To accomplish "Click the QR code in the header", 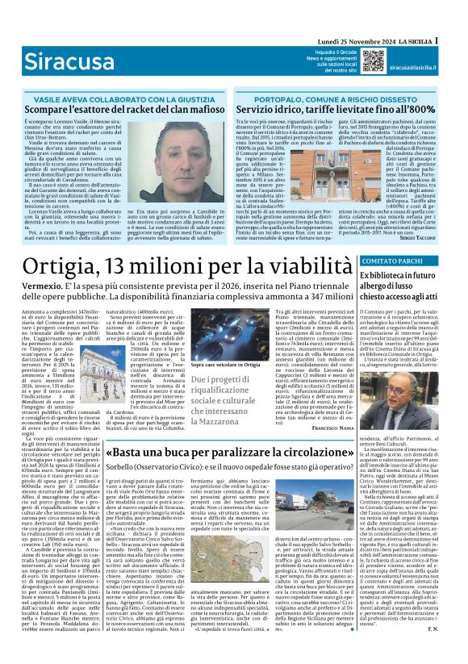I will (x=351, y=61).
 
